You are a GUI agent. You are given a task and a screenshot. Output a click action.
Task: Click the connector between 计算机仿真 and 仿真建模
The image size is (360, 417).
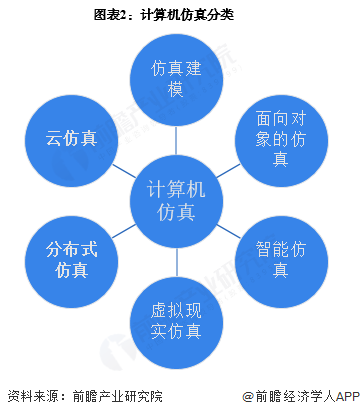pyautogui.click(x=178, y=135)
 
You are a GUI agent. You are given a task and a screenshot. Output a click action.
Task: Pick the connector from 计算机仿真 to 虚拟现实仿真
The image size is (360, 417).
pyautogui.click(x=178, y=262)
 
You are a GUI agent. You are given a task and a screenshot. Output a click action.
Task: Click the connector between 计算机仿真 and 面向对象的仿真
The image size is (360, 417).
pyautogui.click(x=231, y=168)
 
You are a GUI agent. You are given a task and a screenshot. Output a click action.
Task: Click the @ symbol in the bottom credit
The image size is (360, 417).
pyautogui.click(x=245, y=396)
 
